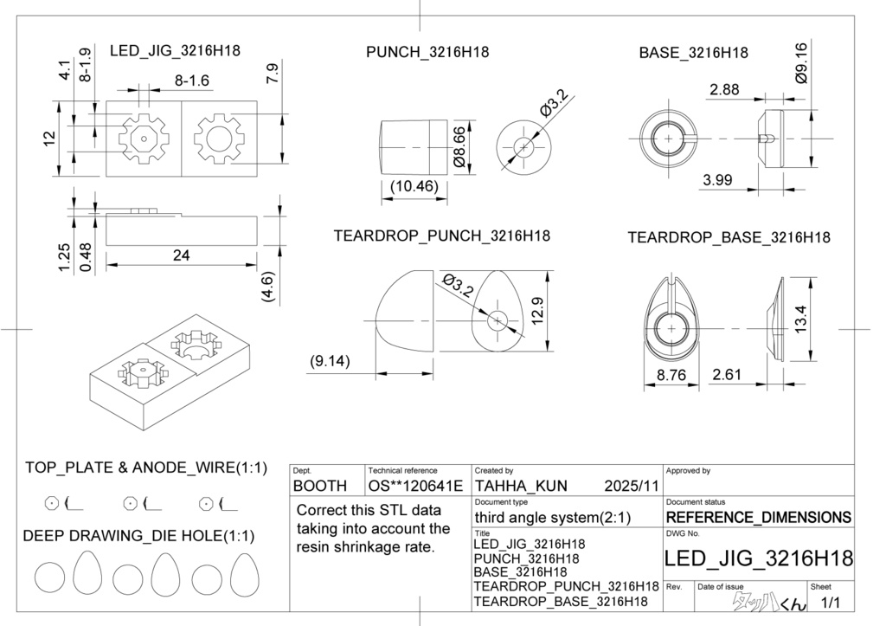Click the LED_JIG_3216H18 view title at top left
[x=175, y=51]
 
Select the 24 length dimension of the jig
[x=181, y=255]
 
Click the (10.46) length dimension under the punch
[x=414, y=186]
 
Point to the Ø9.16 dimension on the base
[x=800, y=62]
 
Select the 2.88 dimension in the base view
[x=723, y=89]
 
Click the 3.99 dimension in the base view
[x=717, y=180]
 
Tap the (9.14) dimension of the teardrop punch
[x=330, y=362]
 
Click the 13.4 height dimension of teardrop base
[x=799, y=321]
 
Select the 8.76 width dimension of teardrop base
[x=671, y=375]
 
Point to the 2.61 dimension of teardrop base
[x=727, y=375]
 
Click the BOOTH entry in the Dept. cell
[x=320, y=486]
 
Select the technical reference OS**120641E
[x=415, y=486]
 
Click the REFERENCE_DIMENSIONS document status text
[x=758, y=518]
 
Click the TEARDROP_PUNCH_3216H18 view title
[x=441, y=236]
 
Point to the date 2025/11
[x=632, y=486]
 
